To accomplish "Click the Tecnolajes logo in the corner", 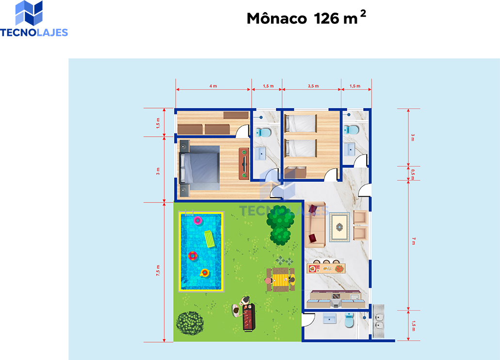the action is [34, 18].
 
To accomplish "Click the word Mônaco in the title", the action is [276, 18].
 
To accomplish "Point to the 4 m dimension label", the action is [213, 86].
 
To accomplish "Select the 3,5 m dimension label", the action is [313, 86].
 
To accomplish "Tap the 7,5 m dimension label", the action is [158, 270].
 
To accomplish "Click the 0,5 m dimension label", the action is [413, 174].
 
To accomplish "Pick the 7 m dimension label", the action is [414, 241].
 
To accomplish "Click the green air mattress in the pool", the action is [209, 239].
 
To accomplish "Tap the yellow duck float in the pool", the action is [204, 273].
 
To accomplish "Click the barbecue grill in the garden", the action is [249, 317].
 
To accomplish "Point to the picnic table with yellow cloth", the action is [280, 280].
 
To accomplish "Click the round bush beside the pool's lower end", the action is [190, 323].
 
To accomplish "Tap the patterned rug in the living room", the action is [339, 227].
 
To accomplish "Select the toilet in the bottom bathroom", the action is [349, 320].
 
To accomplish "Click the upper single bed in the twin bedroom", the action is [301, 124].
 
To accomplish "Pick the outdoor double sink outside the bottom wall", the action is [379, 321].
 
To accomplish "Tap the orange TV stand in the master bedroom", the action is [244, 164].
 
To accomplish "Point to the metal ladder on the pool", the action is [189, 213].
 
